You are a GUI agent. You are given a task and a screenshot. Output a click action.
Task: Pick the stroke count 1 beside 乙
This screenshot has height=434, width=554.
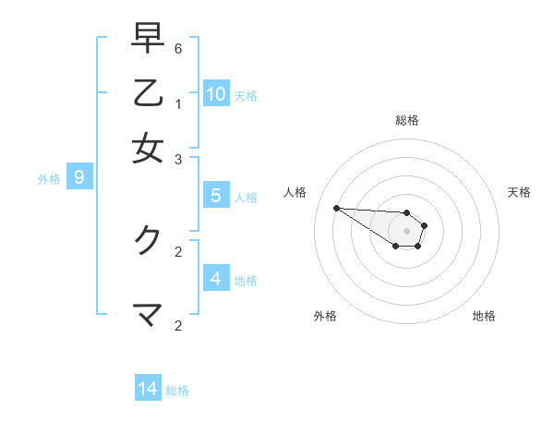tap(178, 103)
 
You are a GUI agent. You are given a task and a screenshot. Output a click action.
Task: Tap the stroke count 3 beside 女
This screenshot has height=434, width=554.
tap(178, 160)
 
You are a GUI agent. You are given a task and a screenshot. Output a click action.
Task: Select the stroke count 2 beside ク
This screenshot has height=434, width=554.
tap(178, 250)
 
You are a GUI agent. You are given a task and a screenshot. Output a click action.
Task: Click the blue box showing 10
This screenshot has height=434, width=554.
tap(216, 93)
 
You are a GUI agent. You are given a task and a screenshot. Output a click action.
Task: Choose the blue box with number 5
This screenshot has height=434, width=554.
tap(216, 195)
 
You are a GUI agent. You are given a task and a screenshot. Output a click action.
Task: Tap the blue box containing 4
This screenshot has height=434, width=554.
tap(216, 278)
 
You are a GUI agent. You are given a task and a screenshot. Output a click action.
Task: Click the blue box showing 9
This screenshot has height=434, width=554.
tap(79, 177)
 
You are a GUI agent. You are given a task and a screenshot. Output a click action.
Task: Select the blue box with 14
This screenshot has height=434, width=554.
tap(148, 389)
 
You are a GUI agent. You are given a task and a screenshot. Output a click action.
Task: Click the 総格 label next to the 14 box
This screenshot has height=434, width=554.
tap(177, 391)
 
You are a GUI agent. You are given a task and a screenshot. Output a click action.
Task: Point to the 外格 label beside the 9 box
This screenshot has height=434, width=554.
tap(49, 179)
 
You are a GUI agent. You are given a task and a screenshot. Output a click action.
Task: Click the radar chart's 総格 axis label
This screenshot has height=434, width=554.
tap(407, 120)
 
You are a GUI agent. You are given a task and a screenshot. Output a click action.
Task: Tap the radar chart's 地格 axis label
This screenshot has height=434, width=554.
tap(484, 316)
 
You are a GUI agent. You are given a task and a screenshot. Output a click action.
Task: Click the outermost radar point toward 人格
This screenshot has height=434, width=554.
tap(336, 208)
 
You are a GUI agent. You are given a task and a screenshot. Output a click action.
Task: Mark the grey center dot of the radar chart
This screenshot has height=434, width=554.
tap(406, 230)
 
